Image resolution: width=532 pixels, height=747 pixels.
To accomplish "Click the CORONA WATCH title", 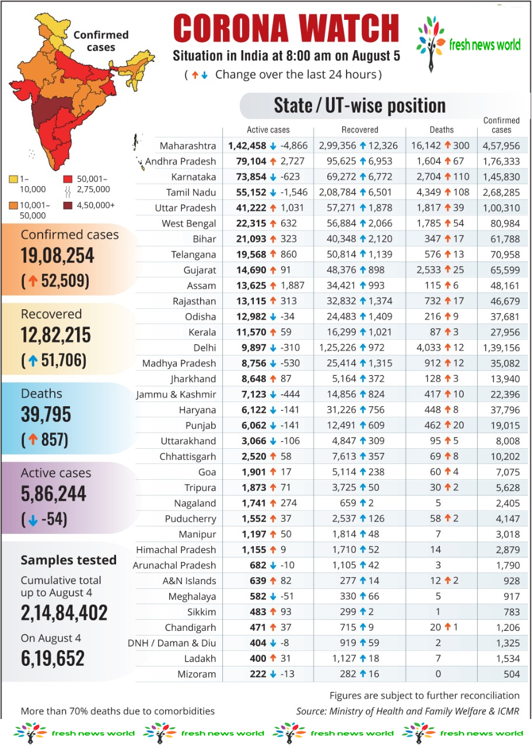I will coord(286,29).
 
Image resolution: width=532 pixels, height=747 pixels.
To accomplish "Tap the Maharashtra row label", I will coord(188,146).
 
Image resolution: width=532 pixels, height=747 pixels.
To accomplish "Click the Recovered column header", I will coord(360,130).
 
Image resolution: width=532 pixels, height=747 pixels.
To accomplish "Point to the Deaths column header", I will coord(442,130).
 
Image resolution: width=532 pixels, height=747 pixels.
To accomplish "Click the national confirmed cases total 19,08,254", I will coord(58,256).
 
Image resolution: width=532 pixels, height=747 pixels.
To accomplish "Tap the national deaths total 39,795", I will coord(46,415).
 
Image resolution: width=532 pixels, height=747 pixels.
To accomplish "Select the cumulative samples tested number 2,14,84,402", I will coord(64,613).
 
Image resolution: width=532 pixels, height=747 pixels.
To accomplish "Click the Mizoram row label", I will coord(197,674).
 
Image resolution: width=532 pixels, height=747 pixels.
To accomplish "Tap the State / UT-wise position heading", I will coord(360,106).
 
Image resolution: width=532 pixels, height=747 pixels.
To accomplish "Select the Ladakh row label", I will coord(199,658).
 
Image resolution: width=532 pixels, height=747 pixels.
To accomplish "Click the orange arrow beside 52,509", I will coord(34,281).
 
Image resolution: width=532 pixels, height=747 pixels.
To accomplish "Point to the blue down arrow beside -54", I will coord(33,520).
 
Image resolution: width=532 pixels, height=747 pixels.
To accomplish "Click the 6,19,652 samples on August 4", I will coord(53,658).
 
